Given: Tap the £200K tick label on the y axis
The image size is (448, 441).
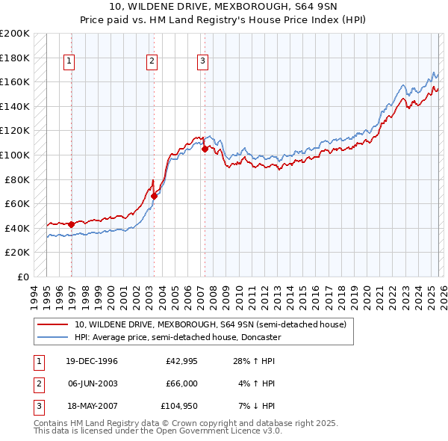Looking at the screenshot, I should click(x=15, y=34).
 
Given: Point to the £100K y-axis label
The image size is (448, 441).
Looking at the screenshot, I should click(x=15, y=155).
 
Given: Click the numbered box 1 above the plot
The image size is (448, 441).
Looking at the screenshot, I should click(x=69, y=62).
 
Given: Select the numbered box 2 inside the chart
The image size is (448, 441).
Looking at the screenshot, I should click(x=152, y=62).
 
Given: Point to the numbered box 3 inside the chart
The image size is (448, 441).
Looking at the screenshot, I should click(x=202, y=62).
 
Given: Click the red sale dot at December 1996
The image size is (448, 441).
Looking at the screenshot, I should click(x=72, y=224).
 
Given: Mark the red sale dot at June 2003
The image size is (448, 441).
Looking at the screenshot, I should click(x=155, y=196).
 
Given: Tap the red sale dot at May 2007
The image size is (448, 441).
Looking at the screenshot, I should click(x=205, y=149).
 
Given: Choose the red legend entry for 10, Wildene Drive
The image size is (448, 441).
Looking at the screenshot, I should click(x=210, y=325).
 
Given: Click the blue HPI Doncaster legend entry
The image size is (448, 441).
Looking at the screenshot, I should click(x=177, y=337).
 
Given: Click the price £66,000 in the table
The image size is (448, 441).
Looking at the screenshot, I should click(x=181, y=383).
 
